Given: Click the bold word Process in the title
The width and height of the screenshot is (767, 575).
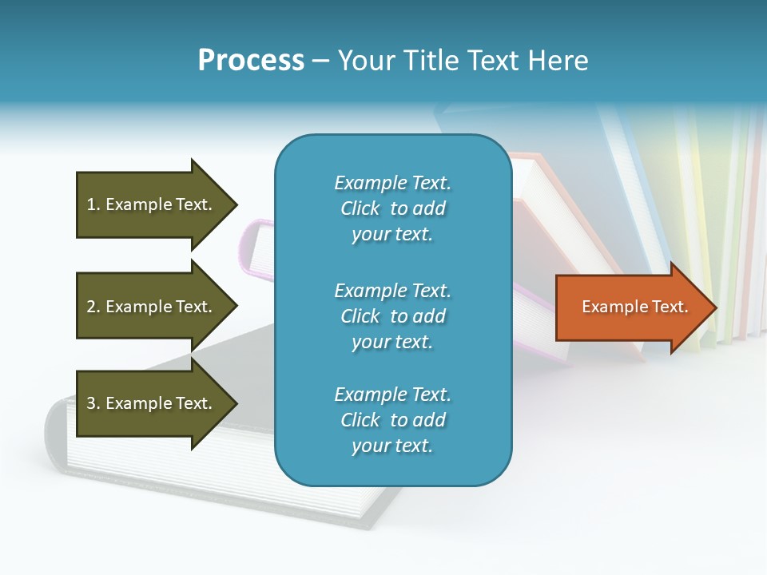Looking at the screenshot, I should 251,61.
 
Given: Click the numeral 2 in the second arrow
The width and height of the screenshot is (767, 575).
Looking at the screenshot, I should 91,307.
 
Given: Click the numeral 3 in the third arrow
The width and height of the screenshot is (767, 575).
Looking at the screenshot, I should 91,403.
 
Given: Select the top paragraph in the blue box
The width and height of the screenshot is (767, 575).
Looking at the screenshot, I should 392,208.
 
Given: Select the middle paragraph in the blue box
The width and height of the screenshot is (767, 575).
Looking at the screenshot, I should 392,316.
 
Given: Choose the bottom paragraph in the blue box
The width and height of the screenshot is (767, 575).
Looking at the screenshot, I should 392,420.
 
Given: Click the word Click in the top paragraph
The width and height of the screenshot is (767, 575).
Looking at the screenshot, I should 360,208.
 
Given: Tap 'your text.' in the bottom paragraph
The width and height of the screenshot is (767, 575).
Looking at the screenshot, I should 392,446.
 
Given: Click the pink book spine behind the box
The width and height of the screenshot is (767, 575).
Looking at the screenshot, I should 256,248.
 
